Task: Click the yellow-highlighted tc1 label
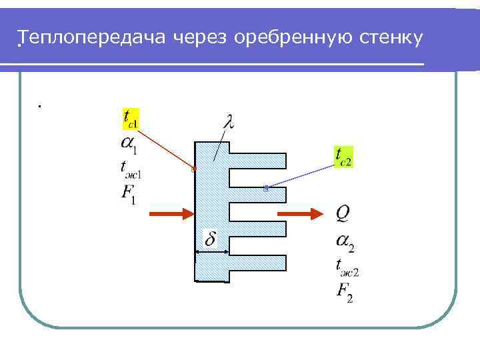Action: coord(131,119)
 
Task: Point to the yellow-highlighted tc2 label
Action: coord(343,157)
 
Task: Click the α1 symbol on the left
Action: coord(129,145)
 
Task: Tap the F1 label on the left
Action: coord(129,195)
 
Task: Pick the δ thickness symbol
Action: coord(211,239)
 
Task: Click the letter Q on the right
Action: coord(343,213)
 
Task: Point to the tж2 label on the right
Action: coord(347,267)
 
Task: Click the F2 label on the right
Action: coord(345,292)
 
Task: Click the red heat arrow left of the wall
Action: coord(169,213)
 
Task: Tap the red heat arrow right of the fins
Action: coord(297,213)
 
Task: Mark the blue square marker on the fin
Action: coord(265,189)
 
